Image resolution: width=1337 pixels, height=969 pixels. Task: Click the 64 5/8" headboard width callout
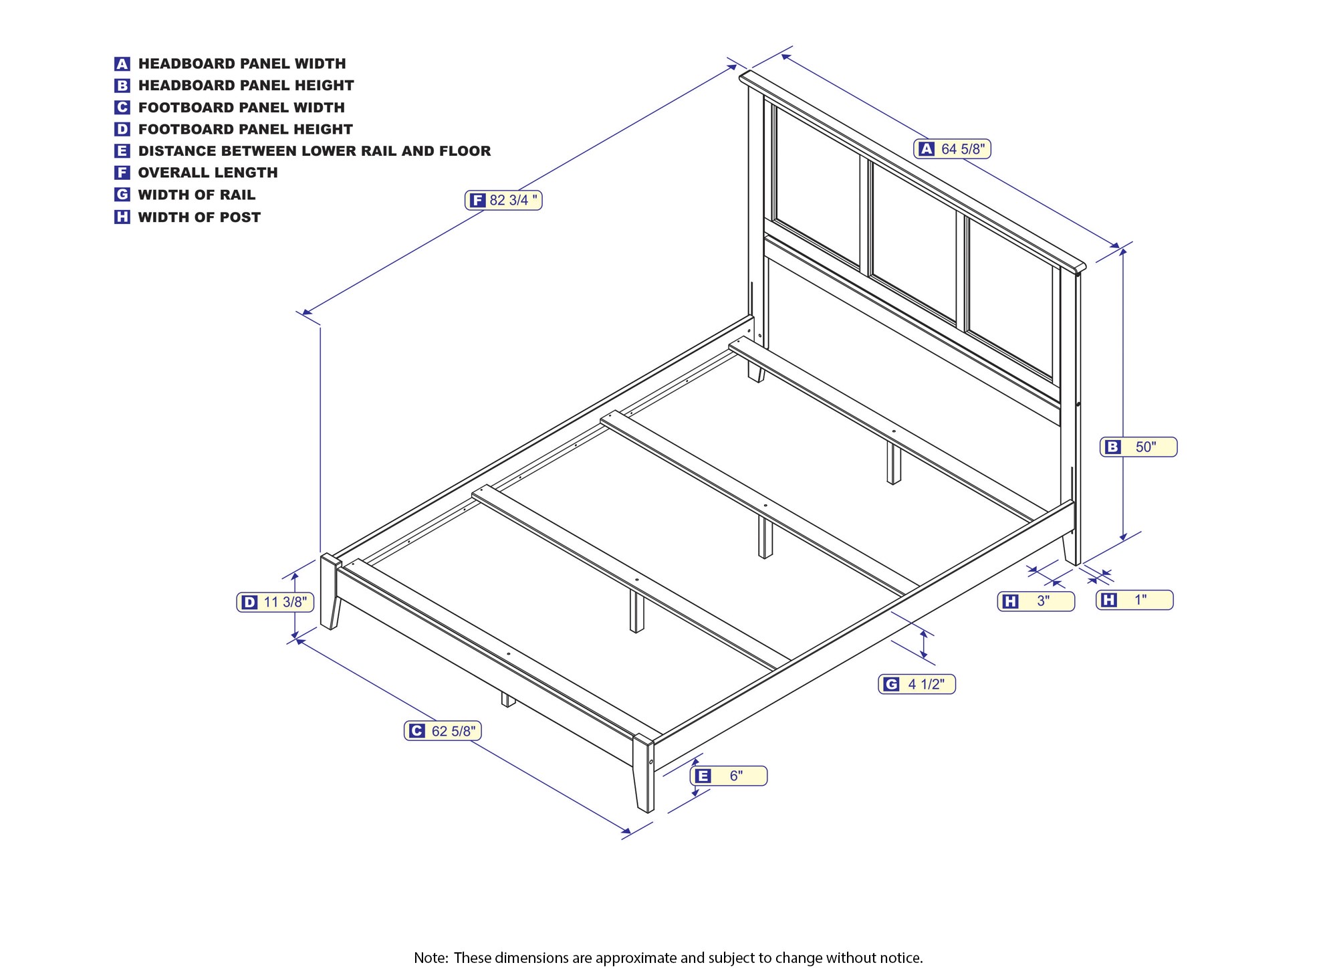click(x=952, y=149)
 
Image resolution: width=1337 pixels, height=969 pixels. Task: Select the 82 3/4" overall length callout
click(x=503, y=200)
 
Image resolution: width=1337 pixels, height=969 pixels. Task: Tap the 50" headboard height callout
click(x=1138, y=447)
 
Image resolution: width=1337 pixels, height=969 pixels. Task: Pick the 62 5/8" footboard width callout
click(x=443, y=731)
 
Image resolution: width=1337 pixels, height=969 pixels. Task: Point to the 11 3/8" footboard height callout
click(x=275, y=602)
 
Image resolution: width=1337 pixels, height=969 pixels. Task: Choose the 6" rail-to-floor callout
click(x=729, y=776)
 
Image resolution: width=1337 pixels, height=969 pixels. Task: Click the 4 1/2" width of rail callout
click(x=917, y=684)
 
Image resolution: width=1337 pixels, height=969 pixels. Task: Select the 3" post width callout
click(x=1036, y=601)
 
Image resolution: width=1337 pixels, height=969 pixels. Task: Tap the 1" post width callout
click(x=1134, y=600)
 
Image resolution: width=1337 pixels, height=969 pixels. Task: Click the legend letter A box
click(x=122, y=64)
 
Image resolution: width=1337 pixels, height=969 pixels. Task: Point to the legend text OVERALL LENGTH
click(x=208, y=173)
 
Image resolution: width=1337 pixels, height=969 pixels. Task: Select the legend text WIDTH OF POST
click(x=199, y=217)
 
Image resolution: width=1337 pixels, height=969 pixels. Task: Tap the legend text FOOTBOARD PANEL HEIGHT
click(x=245, y=129)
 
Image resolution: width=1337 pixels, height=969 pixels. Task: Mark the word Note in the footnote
click(x=430, y=958)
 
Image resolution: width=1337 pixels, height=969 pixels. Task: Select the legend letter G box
click(x=122, y=195)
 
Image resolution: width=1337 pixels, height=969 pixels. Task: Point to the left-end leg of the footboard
click(x=330, y=592)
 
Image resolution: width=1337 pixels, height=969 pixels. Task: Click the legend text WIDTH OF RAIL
click(x=197, y=195)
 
